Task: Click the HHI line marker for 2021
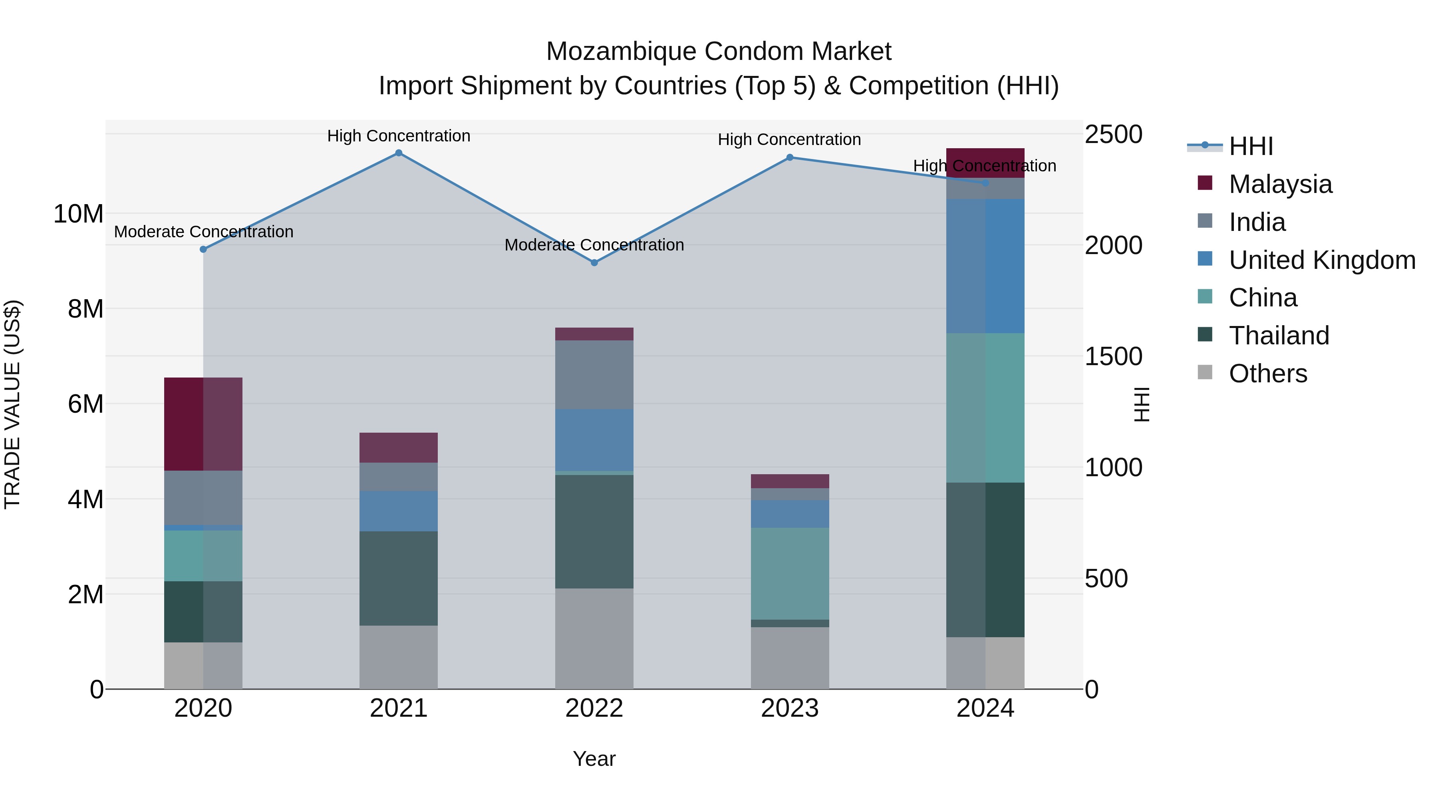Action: [x=399, y=153]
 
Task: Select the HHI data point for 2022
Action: [x=594, y=262]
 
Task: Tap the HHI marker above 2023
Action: [x=789, y=157]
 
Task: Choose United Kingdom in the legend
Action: [x=1321, y=260]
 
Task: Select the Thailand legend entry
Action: [x=1278, y=336]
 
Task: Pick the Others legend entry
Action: [x=1267, y=374]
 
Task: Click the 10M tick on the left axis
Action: [x=78, y=214]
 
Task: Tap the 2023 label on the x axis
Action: [x=789, y=708]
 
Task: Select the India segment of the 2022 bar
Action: [x=594, y=375]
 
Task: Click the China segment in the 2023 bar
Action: [x=789, y=573]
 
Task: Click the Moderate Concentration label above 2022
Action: [x=594, y=245]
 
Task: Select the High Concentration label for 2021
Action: [x=399, y=136]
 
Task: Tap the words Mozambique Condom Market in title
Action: [x=719, y=52]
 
